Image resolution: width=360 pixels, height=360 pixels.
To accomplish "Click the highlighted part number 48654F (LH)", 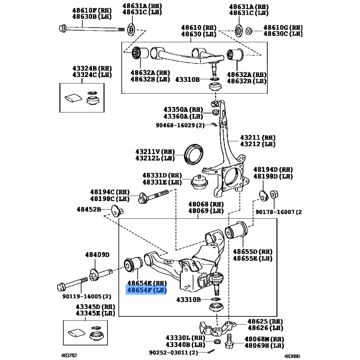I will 147,291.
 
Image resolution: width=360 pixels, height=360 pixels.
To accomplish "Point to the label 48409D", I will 97,255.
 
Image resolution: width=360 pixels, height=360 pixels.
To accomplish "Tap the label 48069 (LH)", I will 206,211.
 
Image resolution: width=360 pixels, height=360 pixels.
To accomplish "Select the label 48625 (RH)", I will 266,322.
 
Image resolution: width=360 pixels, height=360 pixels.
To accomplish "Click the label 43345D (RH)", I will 94,306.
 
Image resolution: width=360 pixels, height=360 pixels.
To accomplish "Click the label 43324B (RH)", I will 92,68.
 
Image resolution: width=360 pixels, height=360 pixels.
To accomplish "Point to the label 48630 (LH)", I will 198,34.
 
